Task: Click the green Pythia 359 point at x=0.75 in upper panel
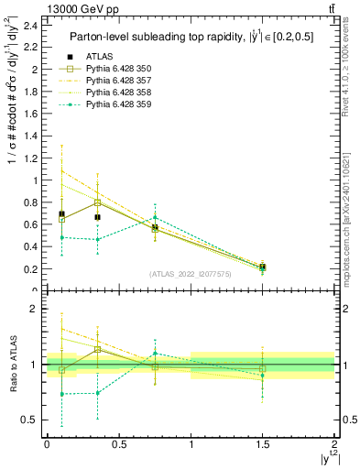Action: click(x=155, y=217)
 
